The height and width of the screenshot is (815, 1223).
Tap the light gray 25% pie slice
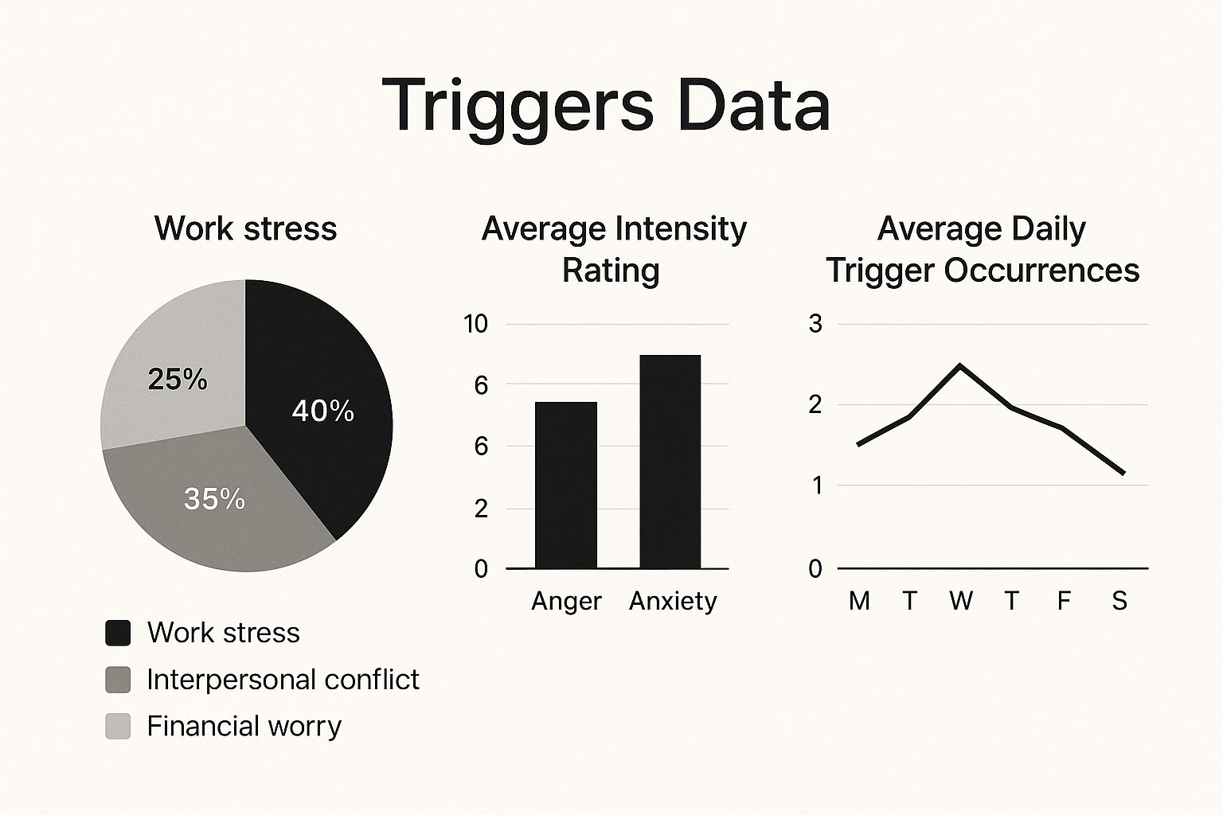[x=175, y=374]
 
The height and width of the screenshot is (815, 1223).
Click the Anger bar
[x=566, y=485]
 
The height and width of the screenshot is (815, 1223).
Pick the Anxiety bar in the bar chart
[x=670, y=462]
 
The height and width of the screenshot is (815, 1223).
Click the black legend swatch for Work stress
[x=118, y=633]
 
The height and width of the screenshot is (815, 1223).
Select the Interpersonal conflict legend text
[x=283, y=680]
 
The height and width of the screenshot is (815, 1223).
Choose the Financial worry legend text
[x=244, y=726]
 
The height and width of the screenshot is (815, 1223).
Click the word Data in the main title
[x=753, y=105]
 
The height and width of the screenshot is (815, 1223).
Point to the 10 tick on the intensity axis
[x=475, y=324]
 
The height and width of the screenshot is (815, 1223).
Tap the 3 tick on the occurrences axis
[x=815, y=324]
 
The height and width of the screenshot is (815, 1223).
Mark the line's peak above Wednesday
[x=960, y=366]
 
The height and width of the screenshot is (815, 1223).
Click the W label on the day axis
[x=960, y=601]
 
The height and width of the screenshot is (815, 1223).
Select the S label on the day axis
[x=1119, y=601]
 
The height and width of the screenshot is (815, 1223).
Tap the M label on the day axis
[x=859, y=601]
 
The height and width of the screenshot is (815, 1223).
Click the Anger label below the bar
[x=566, y=601]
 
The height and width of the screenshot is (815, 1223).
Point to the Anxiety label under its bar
[x=673, y=601]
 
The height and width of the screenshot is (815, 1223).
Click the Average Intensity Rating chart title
[x=614, y=249]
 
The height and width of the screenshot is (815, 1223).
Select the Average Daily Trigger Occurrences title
[x=982, y=249]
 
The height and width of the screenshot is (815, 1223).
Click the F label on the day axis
[x=1064, y=601]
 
